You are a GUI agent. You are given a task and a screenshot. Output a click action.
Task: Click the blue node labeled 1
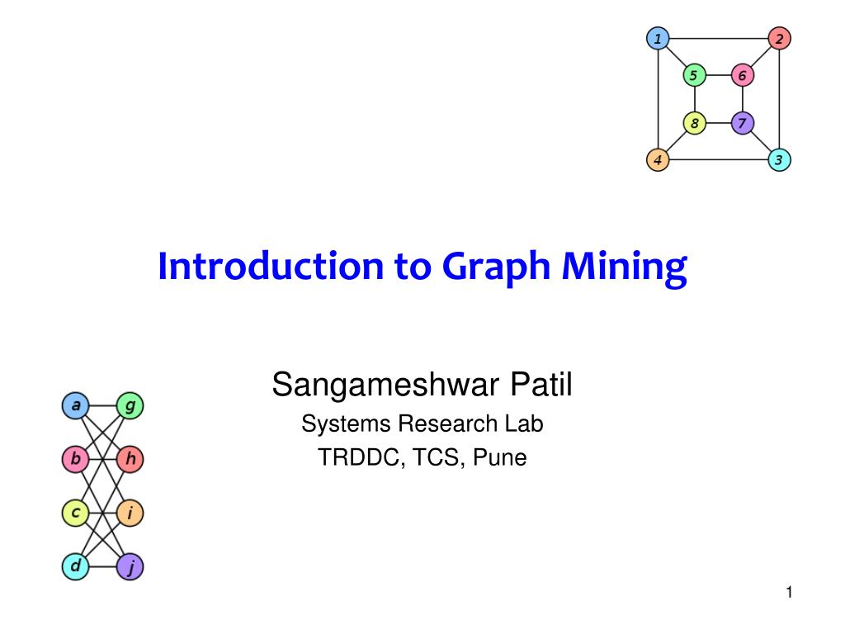pyautogui.click(x=658, y=39)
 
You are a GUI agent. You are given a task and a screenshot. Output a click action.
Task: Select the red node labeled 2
pyautogui.click(x=779, y=39)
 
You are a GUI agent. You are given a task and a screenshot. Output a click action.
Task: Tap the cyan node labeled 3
pyautogui.click(x=779, y=159)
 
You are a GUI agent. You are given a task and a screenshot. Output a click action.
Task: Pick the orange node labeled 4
pyautogui.click(x=658, y=159)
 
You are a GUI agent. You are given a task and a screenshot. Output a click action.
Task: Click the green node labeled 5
pyautogui.click(x=694, y=76)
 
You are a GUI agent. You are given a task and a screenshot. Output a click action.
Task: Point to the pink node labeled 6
pyautogui.click(x=742, y=76)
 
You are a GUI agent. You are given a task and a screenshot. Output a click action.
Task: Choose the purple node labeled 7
pyautogui.click(x=742, y=124)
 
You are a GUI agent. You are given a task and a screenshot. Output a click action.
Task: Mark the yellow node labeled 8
pyautogui.click(x=694, y=124)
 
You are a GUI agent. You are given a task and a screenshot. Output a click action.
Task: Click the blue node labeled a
pyautogui.click(x=75, y=406)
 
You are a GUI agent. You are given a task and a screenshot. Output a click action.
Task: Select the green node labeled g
pyautogui.click(x=130, y=406)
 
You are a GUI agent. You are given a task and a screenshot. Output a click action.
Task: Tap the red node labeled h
pyautogui.click(x=130, y=459)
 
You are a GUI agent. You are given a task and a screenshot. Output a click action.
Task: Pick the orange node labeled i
pyautogui.click(x=130, y=513)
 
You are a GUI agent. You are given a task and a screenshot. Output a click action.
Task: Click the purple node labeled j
pyautogui.click(x=130, y=566)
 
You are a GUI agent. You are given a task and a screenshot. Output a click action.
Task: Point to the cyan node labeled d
pyautogui.click(x=75, y=566)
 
